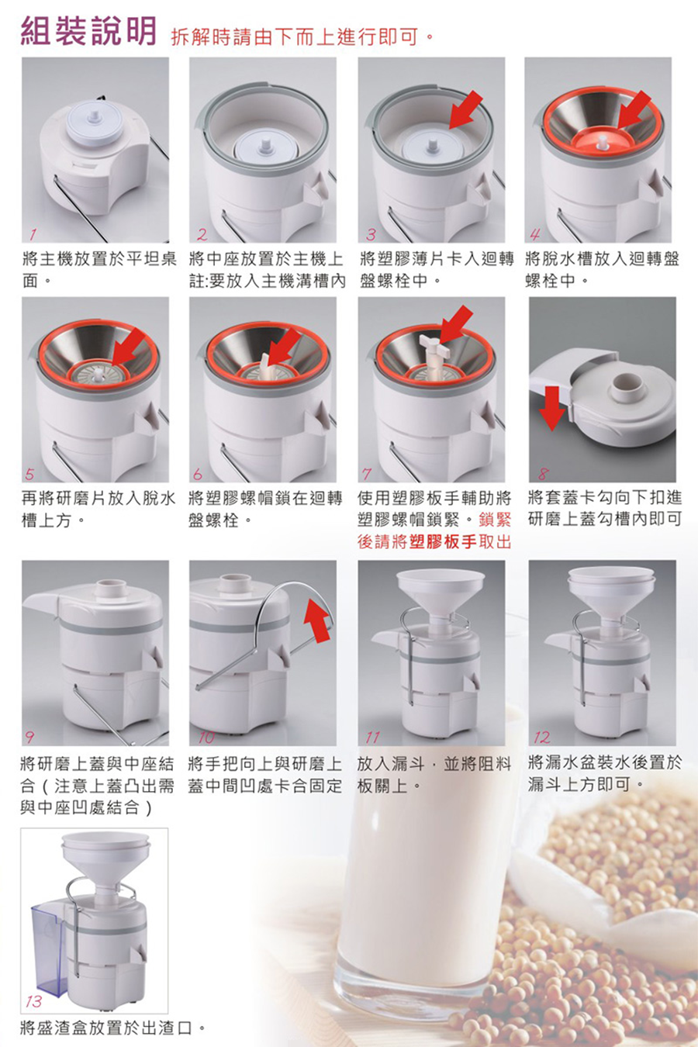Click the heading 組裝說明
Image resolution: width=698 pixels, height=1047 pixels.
(x=88, y=32)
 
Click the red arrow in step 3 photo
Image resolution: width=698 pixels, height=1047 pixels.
(x=466, y=110)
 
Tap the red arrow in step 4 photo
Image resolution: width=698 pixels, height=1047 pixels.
(x=634, y=110)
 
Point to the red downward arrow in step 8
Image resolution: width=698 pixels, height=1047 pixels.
(x=552, y=408)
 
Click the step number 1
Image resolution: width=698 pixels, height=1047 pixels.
(x=33, y=233)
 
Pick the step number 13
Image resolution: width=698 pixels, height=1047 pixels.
(x=34, y=1001)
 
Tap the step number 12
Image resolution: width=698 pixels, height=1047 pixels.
(x=542, y=738)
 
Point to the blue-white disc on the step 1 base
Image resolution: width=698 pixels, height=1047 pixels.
(x=95, y=126)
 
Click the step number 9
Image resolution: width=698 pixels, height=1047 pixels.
(x=29, y=738)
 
